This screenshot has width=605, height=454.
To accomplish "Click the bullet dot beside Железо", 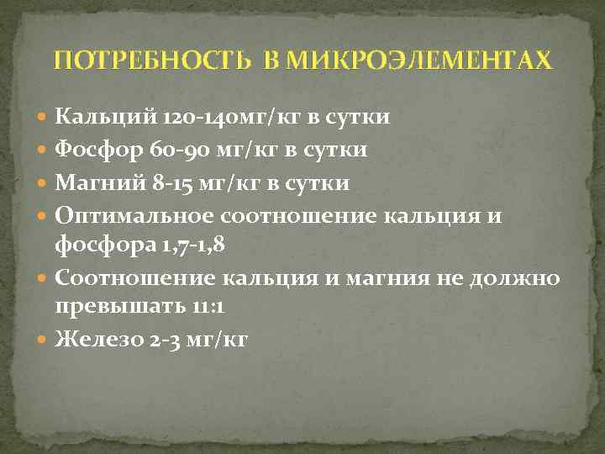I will point(45,340).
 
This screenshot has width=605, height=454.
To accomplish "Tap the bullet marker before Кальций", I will point(45,117).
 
